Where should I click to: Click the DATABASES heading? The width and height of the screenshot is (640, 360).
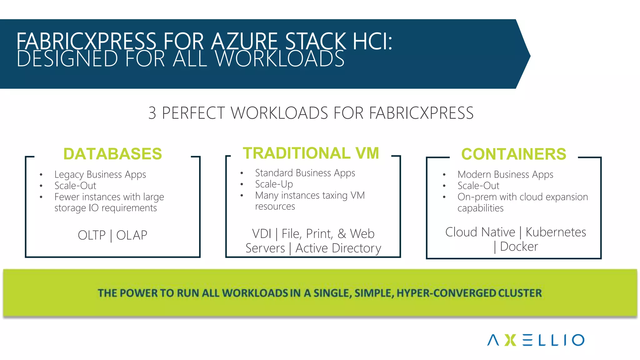click(112, 154)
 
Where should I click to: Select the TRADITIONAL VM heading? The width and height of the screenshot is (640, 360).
click(311, 153)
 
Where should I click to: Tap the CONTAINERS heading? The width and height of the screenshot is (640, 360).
click(514, 154)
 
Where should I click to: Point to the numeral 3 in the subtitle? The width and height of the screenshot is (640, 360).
click(152, 113)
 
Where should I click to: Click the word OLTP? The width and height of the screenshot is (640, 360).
click(92, 235)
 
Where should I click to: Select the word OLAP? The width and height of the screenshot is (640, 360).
click(132, 235)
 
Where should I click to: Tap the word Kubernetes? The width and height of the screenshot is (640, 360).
click(556, 232)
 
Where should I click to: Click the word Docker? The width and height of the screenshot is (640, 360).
click(519, 247)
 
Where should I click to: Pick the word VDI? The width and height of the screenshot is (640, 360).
click(262, 234)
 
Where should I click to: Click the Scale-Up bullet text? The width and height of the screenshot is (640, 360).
click(274, 184)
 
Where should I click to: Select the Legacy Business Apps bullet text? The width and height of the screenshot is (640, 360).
click(100, 174)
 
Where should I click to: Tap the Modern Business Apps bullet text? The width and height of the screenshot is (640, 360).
click(505, 174)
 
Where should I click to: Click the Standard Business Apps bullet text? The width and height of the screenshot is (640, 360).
click(305, 173)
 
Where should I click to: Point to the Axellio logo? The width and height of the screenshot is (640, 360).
click(536, 340)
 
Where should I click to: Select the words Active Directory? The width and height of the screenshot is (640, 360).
click(338, 248)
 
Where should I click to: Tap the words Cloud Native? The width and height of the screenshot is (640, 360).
click(480, 232)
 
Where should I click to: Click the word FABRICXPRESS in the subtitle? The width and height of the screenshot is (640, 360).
click(421, 113)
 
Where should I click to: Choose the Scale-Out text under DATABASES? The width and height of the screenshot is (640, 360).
click(75, 186)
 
